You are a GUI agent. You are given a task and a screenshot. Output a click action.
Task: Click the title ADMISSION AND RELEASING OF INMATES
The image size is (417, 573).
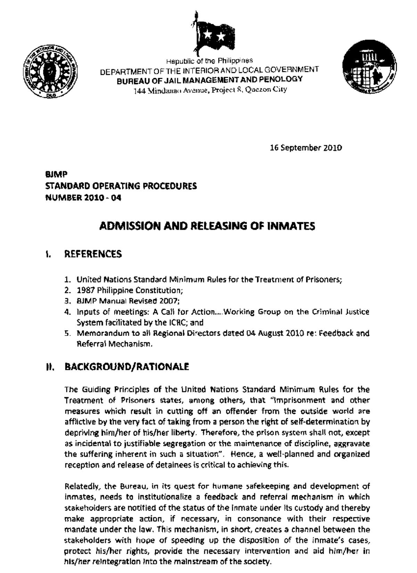tap(207, 226)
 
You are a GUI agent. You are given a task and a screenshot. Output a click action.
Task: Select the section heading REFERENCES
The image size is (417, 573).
tap(93, 254)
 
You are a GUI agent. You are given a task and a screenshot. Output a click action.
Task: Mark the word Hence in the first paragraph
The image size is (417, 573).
tap(239, 454)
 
